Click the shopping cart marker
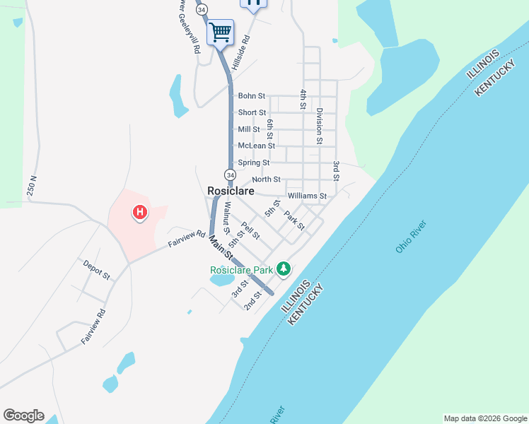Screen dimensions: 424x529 (220, 32)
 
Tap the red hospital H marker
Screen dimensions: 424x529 (140, 211)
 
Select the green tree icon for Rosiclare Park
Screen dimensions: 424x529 (284, 269)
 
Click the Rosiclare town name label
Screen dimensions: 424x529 (231, 191)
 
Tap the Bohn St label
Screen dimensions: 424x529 (252, 96)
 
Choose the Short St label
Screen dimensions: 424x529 (252, 113)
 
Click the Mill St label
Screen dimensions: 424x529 (250, 129)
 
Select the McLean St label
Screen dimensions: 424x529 (256, 146)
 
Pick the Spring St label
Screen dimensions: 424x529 (254, 163)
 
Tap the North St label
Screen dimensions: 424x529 (266, 179)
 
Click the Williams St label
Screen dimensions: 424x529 (307, 196)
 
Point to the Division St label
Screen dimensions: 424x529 (320, 126)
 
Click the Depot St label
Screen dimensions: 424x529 (96, 269)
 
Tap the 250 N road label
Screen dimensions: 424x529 (33, 187)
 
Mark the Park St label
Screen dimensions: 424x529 (294, 221)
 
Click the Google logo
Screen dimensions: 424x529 (23, 416)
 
